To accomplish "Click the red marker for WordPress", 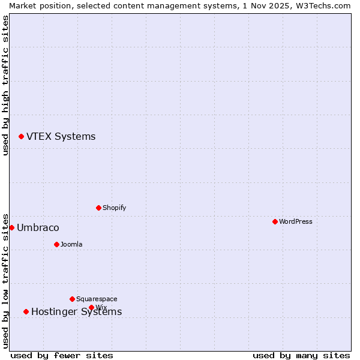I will pyautogui.click(x=275, y=221).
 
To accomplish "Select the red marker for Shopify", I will pyautogui.click(x=98, y=208).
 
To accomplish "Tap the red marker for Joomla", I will pyautogui.click(x=56, y=244).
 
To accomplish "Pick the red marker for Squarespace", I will pyautogui.click(x=72, y=299).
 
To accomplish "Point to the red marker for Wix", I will pyautogui.click(x=91, y=307).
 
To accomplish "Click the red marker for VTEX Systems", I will pyautogui.click(x=21, y=136).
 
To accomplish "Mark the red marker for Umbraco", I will pyautogui.click(x=11, y=227).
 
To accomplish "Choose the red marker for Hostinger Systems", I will pyautogui.click(x=26, y=311).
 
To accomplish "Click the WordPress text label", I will pyautogui.click(x=296, y=221).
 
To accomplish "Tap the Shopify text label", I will pyautogui.click(x=115, y=208).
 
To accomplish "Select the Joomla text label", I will pyautogui.click(x=71, y=244).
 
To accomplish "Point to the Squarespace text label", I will pyautogui.click(x=97, y=299).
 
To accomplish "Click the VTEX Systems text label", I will pyautogui.click(x=61, y=136).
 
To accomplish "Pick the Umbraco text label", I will pyautogui.click(x=38, y=227).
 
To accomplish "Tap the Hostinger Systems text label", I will pyautogui.click(x=76, y=311).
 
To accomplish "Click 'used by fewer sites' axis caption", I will pyautogui.click(x=62, y=355).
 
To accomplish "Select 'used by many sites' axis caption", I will pyautogui.click(x=301, y=355).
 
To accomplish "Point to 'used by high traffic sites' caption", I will pyautogui.click(x=5, y=85).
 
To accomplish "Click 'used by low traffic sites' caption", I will pyautogui.click(x=5, y=280).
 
